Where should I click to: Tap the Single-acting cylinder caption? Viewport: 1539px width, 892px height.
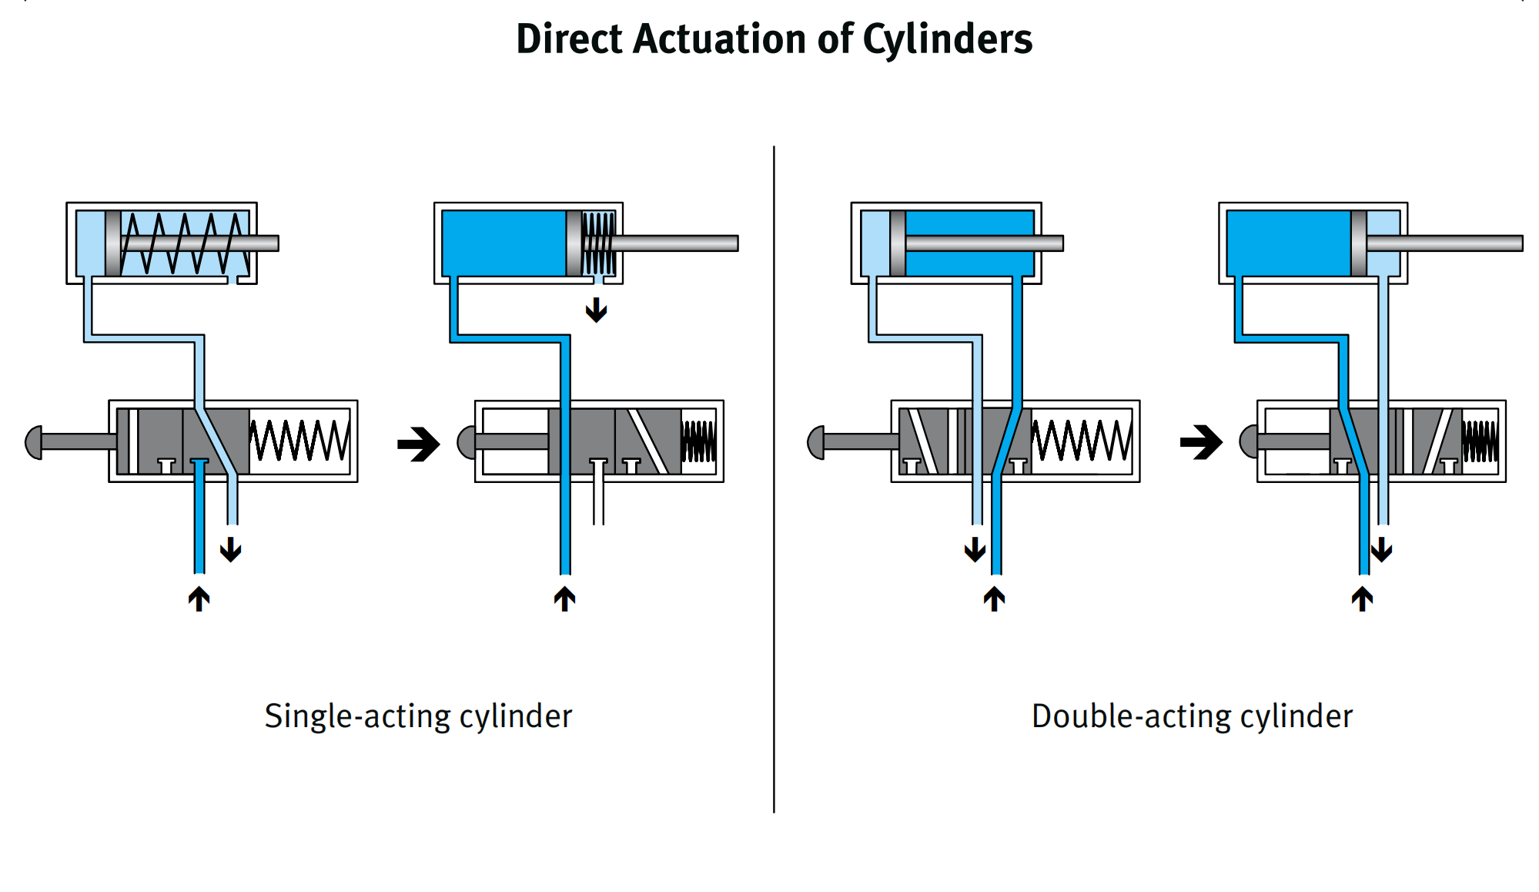(418, 716)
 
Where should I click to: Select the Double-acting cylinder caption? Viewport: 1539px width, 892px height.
(1192, 716)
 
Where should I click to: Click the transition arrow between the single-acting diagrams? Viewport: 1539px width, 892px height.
(419, 444)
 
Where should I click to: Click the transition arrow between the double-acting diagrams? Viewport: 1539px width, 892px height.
(1201, 443)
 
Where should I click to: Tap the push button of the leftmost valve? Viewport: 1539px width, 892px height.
(34, 442)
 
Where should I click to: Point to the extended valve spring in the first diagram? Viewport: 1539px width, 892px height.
(299, 441)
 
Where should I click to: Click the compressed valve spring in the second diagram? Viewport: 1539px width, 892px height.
(698, 441)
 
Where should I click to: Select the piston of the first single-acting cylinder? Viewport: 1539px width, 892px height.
(113, 243)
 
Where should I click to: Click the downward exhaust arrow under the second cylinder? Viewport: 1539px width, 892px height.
(596, 310)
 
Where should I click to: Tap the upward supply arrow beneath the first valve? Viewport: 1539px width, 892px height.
(199, 599)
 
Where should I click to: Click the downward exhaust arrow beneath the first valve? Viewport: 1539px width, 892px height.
(231, 549)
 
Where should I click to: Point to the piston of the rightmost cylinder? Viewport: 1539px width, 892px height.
(1359, 243)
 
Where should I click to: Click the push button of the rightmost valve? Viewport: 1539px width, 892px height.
(1248, 442)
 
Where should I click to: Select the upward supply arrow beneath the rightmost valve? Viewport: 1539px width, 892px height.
(1362, 599)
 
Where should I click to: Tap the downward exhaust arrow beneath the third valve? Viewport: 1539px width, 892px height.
(975, 549)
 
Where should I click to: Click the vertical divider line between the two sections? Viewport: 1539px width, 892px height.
(774, 478)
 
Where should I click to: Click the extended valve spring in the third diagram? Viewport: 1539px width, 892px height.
(1082, 441)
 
